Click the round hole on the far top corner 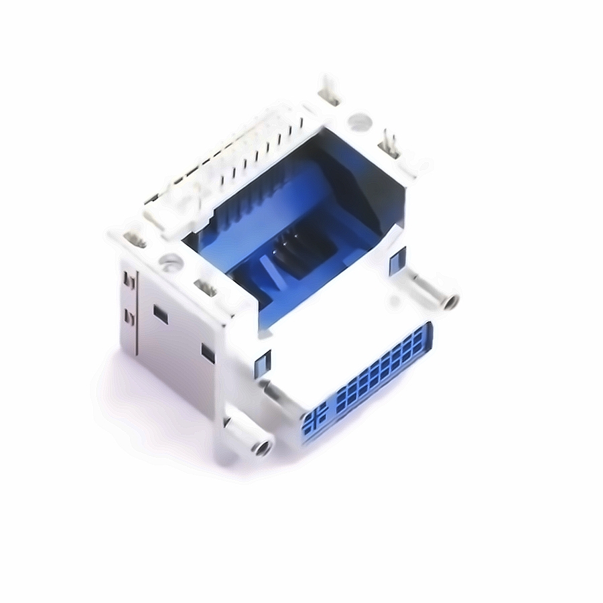pyautogui.click(x=360, y=122)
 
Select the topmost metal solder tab pyautogui.click(x=330, y=90)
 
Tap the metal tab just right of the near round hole pyautogui.click(x=206, y=288)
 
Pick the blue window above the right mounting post pyautogui.click(x=399, y=257)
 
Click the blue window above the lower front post pyautogui.click(x=261, y=362)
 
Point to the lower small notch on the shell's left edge pyautogui.click(x=129, y=317)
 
